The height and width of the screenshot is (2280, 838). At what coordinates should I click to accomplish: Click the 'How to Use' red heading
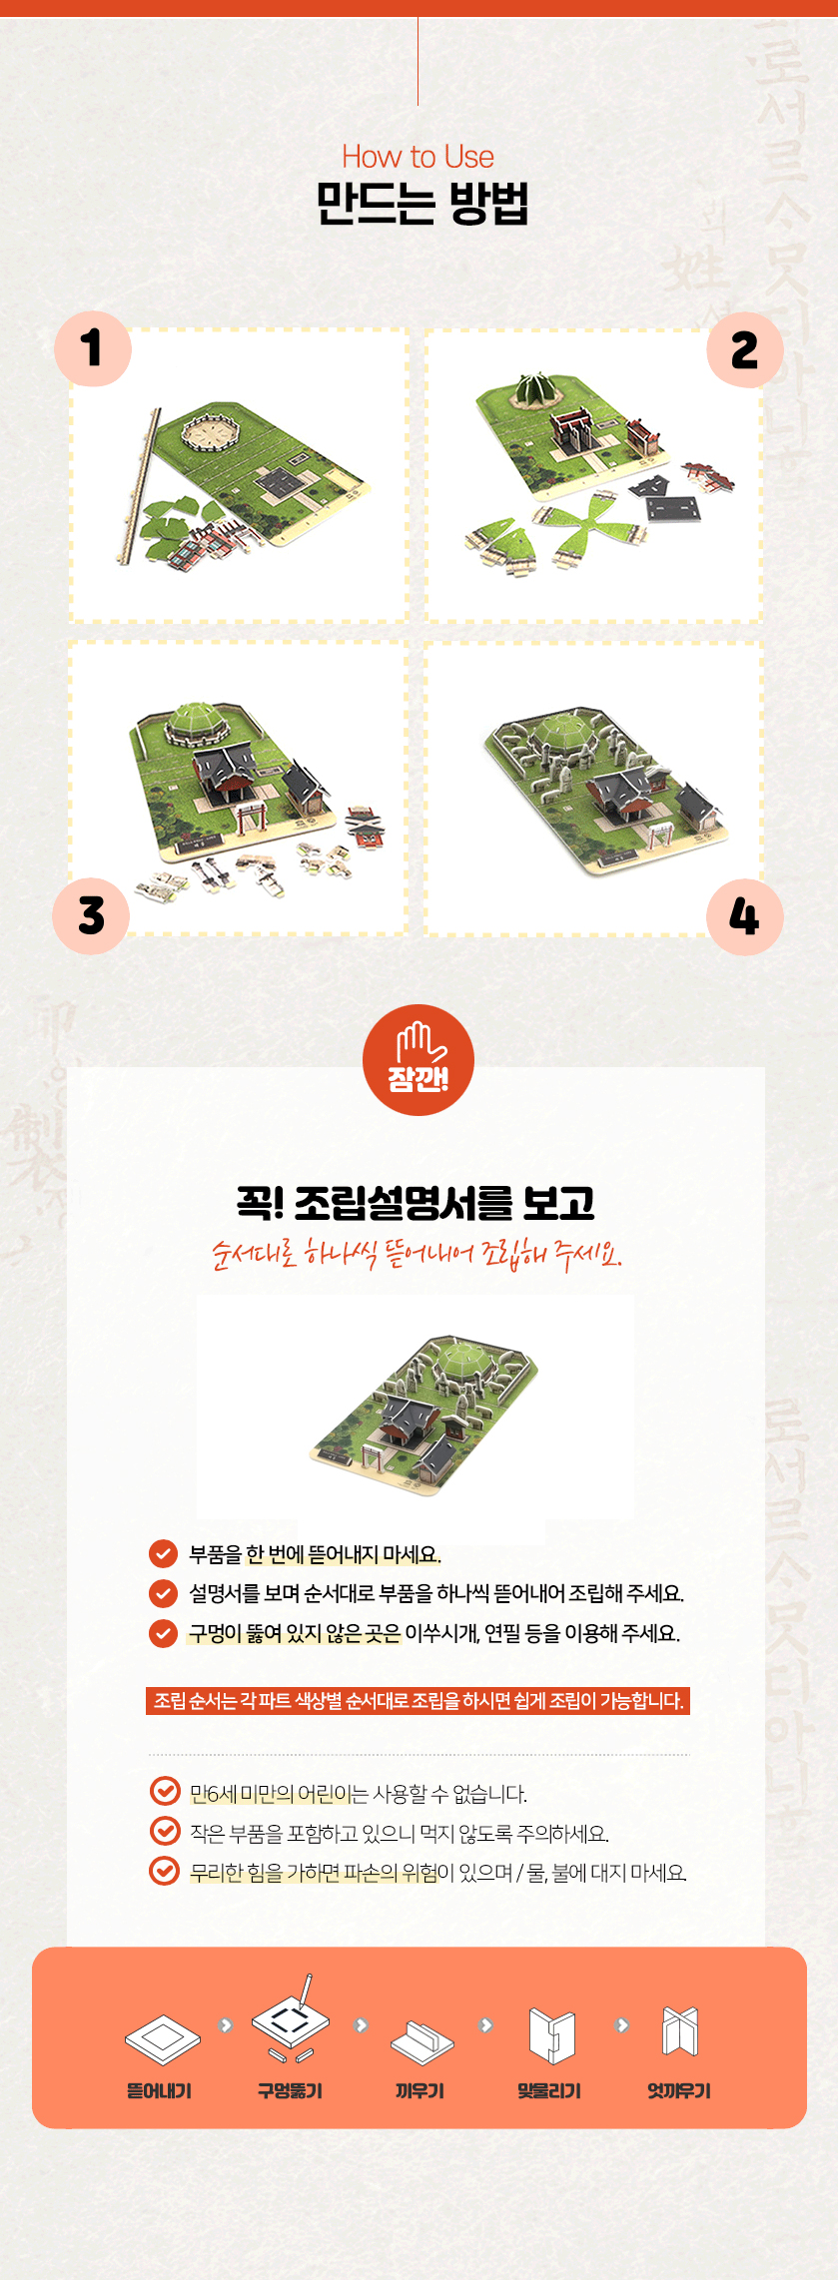(x=418, y=157)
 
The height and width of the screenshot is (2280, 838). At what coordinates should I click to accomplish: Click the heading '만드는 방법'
(x=421, y=204)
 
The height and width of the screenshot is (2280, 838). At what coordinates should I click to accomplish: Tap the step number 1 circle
(x=93, y=348)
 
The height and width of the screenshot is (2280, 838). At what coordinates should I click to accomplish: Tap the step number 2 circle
(x=744, y=349)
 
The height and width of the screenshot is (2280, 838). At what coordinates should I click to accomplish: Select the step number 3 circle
(x=91, y=915)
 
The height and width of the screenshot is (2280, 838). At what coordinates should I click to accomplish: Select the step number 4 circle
(x=744, y=916)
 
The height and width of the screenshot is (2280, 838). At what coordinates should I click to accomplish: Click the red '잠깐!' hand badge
(x=419, y=1060)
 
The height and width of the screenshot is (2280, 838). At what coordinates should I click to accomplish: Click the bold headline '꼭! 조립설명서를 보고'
(x=417, y=1203)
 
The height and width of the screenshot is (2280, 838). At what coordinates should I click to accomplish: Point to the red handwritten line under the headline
(x=417, y=1254)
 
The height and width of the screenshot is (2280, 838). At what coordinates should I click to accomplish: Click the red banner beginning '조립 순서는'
(x=418, y=1701)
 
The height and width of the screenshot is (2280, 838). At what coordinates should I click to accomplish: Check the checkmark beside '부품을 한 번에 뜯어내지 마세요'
(x=163, y=1554)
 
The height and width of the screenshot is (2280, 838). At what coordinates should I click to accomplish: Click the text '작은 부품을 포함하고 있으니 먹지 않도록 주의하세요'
(x=399, y=1833)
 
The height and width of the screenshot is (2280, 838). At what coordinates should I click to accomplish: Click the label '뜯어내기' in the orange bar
(x=159, y=2090)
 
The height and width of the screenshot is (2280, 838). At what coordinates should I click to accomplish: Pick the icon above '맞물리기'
(x=551, y=2034)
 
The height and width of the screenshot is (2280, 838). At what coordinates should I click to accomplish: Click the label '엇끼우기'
(x=679, y=2090)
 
